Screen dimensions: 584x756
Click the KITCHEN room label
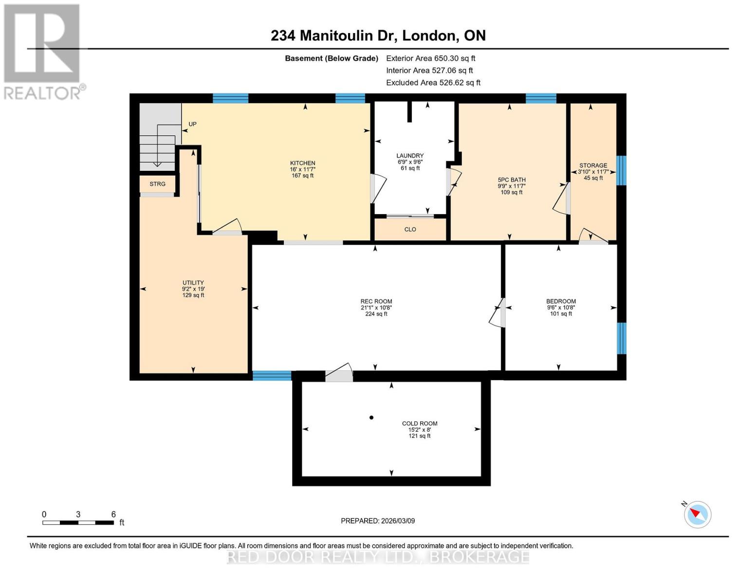click(302, 164)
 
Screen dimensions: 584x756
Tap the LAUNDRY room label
click(410, 156)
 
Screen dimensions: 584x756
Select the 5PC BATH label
click(512, 180)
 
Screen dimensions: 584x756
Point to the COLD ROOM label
click(419, 423)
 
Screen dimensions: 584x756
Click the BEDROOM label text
click(561, 301)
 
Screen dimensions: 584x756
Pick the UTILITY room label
click(193, 283)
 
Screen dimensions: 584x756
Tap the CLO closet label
click(410, 229)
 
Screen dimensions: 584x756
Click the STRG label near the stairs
click(157, 184)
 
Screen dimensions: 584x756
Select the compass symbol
click(697, 514)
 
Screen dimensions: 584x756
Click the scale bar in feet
click(78, 523)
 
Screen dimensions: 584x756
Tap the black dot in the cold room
click(371, 418)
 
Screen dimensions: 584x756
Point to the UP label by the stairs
click(192, 124)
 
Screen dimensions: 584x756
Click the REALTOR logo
click(43, 51)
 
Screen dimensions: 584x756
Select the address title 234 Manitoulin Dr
click(378, 36)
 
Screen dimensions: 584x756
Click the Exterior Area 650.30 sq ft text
click(430, 58)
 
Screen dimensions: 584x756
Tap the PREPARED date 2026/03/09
click(378, 521)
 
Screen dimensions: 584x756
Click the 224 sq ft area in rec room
click(376, 314)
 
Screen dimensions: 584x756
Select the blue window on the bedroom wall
click(621, 338)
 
